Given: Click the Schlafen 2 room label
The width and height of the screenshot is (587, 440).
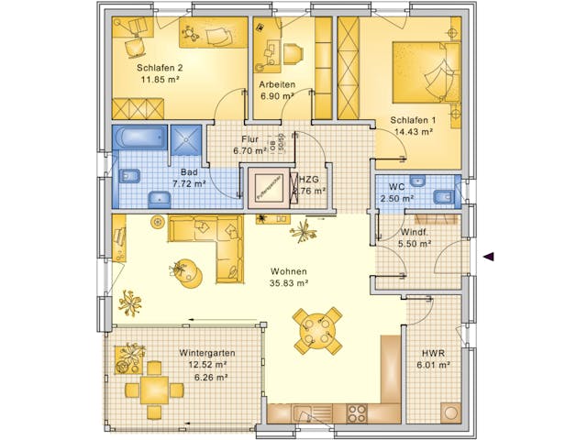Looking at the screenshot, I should (x=160, y=68).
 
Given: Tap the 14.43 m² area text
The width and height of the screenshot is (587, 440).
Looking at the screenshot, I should (x=413, y=131).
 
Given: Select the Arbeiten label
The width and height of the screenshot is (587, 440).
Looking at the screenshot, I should (x=276, y=83).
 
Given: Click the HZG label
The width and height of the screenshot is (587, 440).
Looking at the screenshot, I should (x=308, y=180).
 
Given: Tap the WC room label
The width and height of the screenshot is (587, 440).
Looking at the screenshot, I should (x=396, y=186).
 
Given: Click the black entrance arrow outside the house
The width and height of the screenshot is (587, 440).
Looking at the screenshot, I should (x=490, y=257).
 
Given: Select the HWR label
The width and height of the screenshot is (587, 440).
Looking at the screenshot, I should (x=433, y=353).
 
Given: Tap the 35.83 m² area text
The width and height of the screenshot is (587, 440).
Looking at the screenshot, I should (x=288, y=283).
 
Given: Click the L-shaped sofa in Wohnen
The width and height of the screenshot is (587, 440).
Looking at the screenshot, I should (x=215, y=243).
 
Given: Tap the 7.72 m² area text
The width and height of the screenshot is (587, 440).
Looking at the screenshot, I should (x=189, y=183).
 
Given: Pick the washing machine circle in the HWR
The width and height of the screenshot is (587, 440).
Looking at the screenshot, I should (x=449, y=409).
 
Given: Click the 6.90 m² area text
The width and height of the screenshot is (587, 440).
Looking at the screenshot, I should (x=276, y=95).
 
